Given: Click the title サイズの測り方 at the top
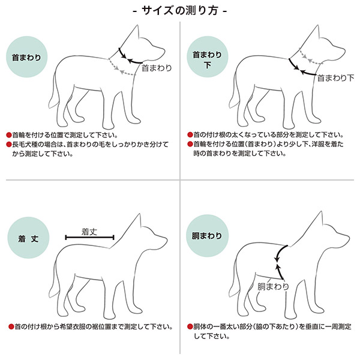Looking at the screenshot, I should click(x=179, y=11).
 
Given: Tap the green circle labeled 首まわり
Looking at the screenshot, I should click(x=28, y=59).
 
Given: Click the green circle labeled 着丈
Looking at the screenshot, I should click(x=28, y=238).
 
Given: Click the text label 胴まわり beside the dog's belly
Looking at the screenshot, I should click(x=273, y=286).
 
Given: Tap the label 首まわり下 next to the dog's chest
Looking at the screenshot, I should click(x=335, y=78).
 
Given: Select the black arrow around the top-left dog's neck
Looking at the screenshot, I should click(x=130, y=54).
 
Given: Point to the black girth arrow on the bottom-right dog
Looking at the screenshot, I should click(x=281, y=258).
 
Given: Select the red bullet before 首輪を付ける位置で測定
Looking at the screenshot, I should click(x=10, y=135).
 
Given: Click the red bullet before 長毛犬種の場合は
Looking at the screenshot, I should click(x=10, y=145).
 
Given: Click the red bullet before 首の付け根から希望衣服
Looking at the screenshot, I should click(x=10, y=327).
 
